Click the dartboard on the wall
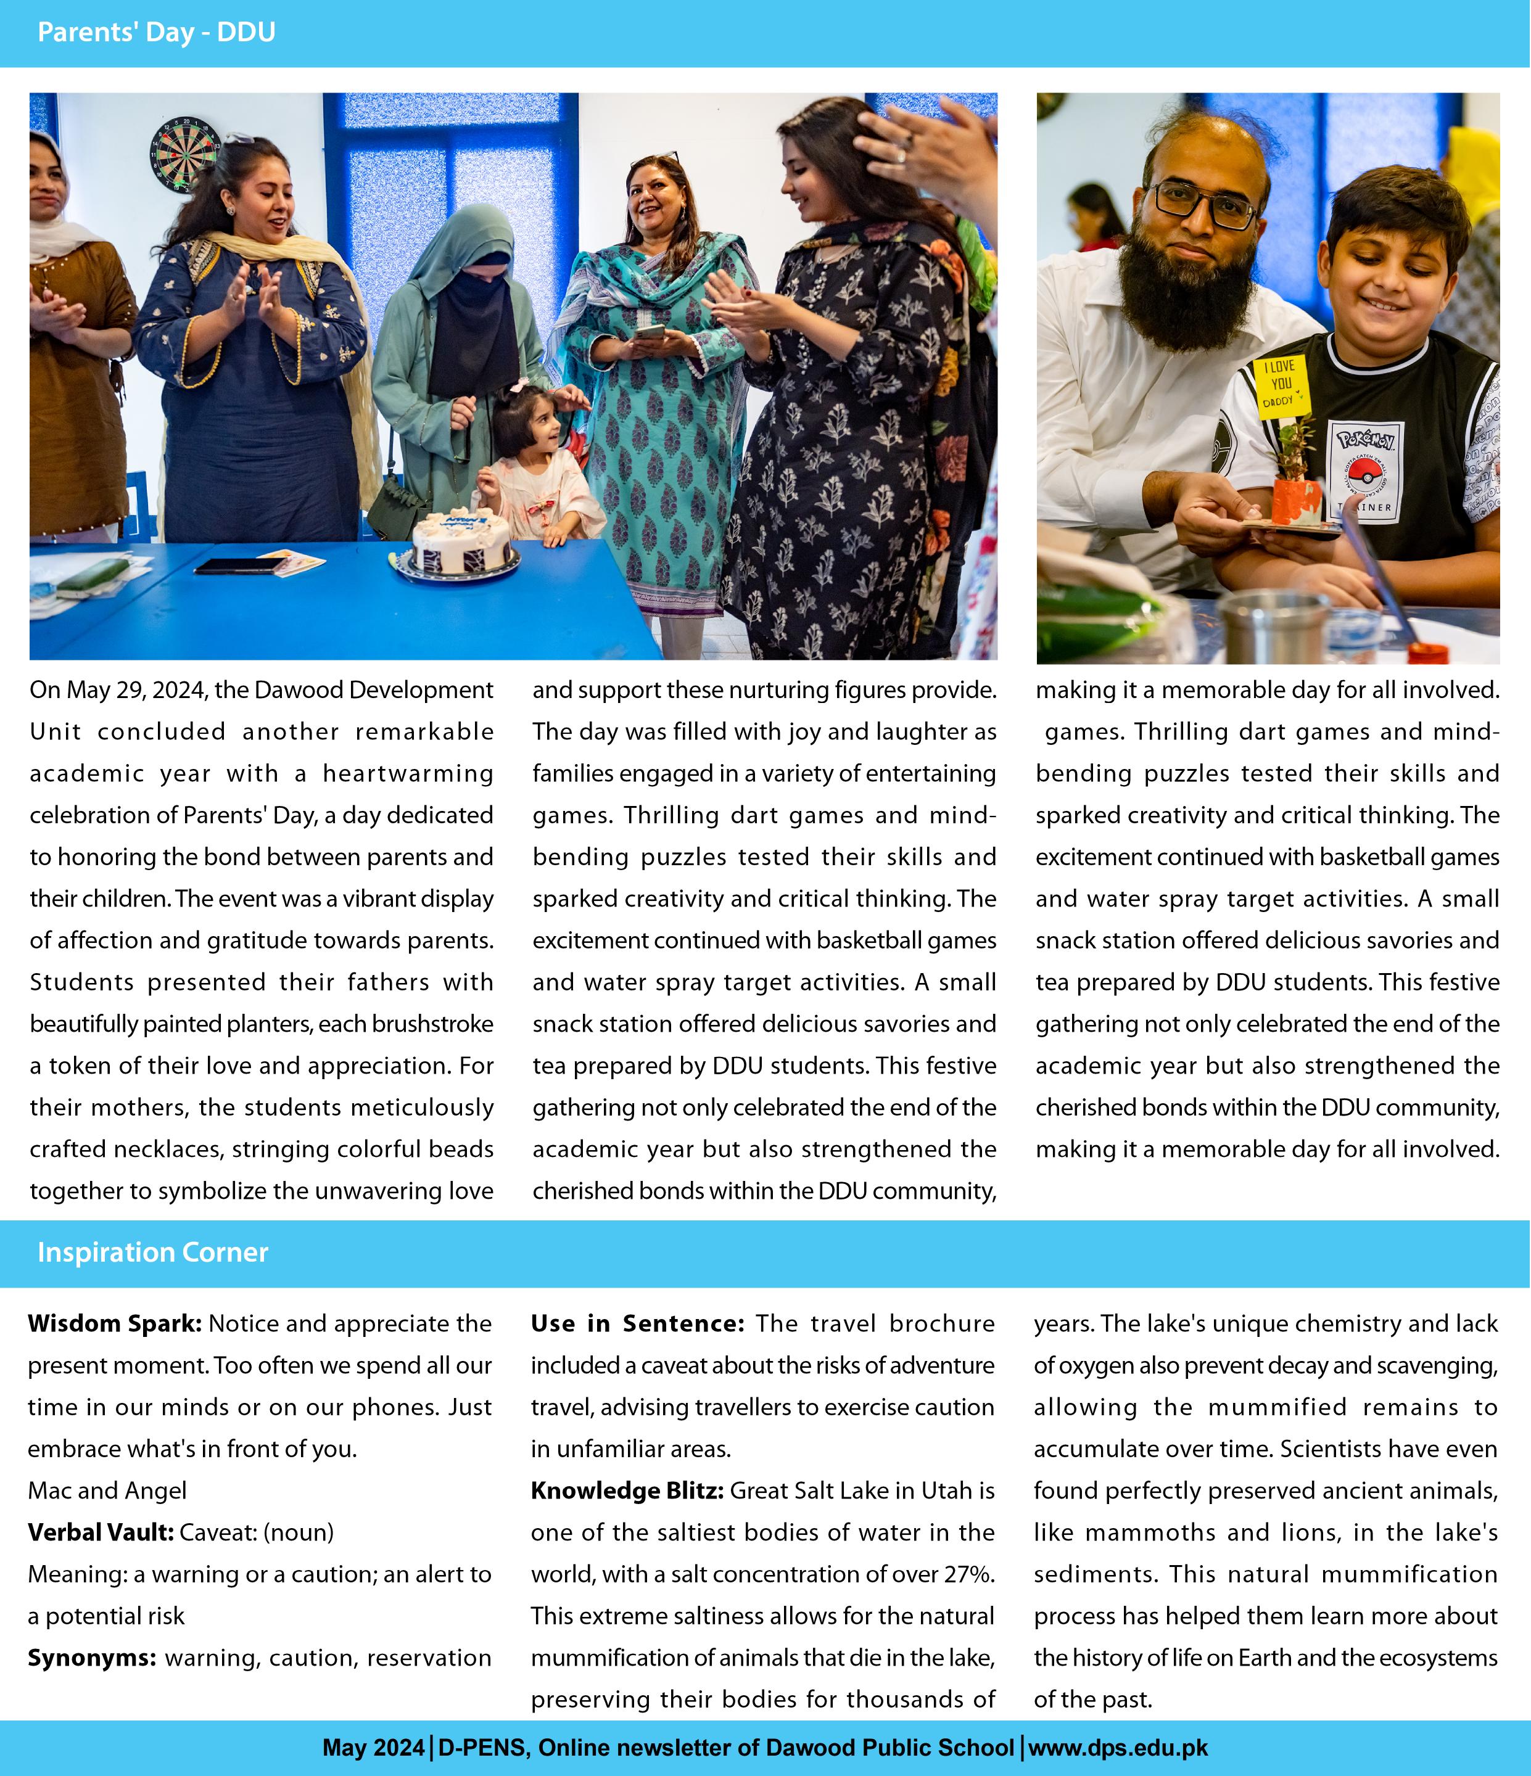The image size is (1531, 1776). click(185, 154)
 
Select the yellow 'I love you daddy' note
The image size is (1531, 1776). click(1281, 385)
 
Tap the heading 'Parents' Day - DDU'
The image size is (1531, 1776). click(156, 33)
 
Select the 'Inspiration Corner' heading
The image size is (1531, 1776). click(152, 1252)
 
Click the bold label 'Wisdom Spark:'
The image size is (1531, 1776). click(115, 1323)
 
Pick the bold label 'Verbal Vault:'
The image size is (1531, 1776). click(101, 1532)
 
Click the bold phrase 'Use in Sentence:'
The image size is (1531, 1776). click(638, 1323)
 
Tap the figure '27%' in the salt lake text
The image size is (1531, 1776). click(970, 1574)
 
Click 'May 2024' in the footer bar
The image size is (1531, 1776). click(373, 1747)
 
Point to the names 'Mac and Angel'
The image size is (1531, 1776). click(107, 1490)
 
